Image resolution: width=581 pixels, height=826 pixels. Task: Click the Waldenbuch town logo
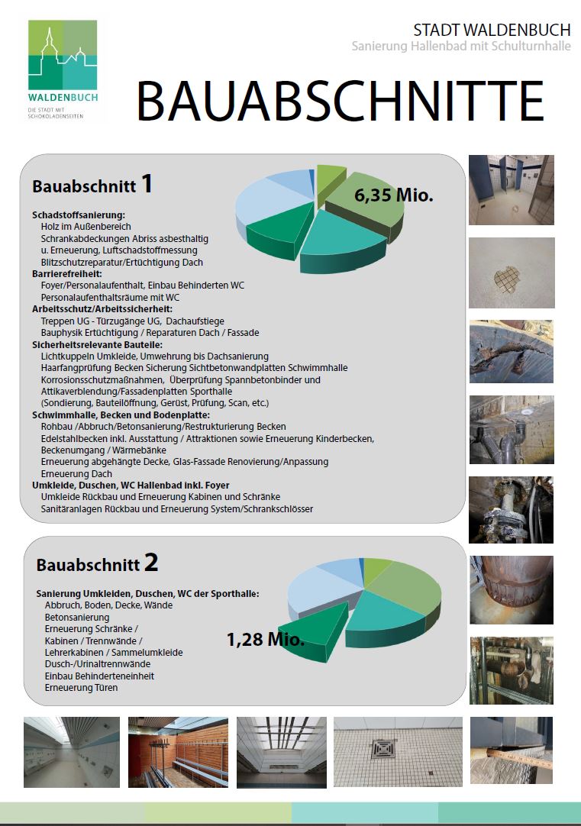click(63, 70)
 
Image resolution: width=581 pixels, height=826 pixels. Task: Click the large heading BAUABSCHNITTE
click(340, 100)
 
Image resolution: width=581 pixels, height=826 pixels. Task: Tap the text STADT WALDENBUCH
click(491, 30)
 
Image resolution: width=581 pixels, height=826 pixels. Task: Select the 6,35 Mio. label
click(393, 195)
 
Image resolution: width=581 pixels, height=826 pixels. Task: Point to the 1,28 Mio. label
click(265, 639)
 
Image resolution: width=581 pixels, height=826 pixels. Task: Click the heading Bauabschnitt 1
click(92, 185)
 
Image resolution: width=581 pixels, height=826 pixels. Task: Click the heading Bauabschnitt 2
click(97, 564)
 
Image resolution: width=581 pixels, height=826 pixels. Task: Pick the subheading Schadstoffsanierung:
click(79, 215)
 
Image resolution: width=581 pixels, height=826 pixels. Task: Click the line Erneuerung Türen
click(81, 688)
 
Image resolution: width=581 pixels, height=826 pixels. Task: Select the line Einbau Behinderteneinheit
click(99, 676)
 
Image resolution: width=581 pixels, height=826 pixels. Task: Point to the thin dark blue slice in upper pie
click(311, 179)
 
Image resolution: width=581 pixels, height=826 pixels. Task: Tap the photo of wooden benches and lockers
click(178, 752)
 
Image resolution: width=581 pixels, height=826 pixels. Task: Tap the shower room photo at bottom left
click(72, 752)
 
